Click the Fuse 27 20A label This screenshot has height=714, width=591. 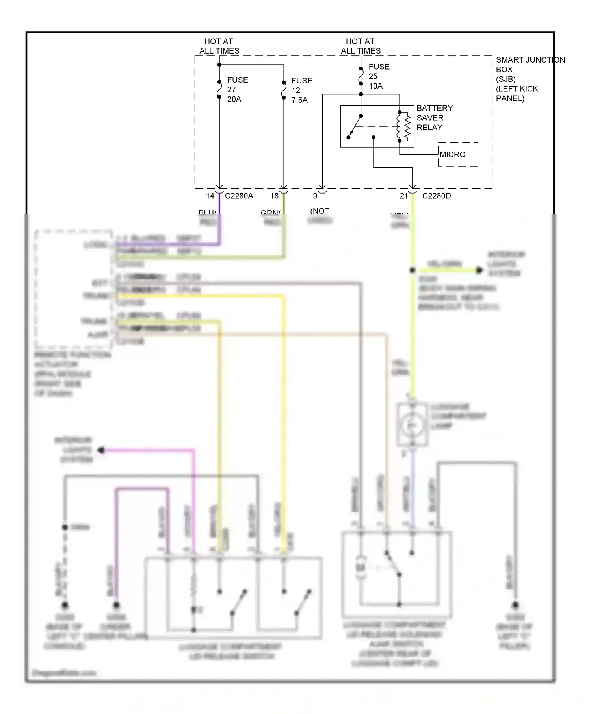(x=237, y=90)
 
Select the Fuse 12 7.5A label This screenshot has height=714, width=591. (x=301, y=91)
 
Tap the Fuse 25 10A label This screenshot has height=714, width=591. (x=379, y=76)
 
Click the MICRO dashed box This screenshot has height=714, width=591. (x=458, y=155)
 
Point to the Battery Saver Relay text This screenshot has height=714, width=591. (x=434, y=118)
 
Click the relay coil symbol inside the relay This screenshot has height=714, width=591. (x=404, y=127)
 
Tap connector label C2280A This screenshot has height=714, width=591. (x=239, y=196)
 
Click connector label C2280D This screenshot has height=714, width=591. (x=436, y=196)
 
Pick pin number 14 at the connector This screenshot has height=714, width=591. (x=210, y=196)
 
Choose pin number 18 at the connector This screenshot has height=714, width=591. (x=274, y=196)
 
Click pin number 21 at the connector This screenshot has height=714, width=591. (x=404, y=196)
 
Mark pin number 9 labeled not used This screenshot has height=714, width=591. (x=315, y=196)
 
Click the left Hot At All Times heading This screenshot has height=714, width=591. (x=219, y=46)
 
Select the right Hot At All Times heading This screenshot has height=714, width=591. (x=361, y=46)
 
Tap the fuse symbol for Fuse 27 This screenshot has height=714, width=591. (x=219, y=89)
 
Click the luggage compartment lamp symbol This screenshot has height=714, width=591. (x=412, y=425)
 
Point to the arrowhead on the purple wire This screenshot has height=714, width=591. (x=101, y=450)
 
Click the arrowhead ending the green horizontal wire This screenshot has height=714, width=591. (x=479, y=270)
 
